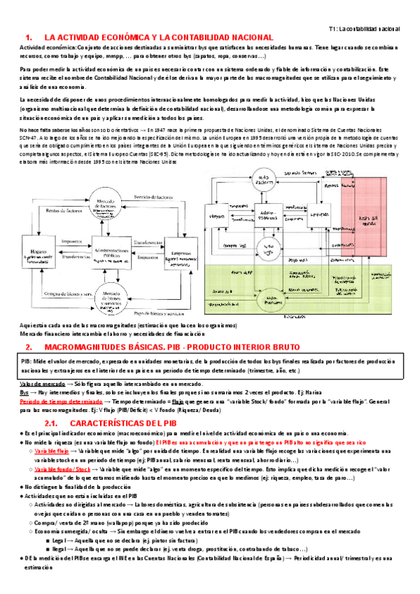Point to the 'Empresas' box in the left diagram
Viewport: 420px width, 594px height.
pyautogui.click(x=184, y=258)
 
